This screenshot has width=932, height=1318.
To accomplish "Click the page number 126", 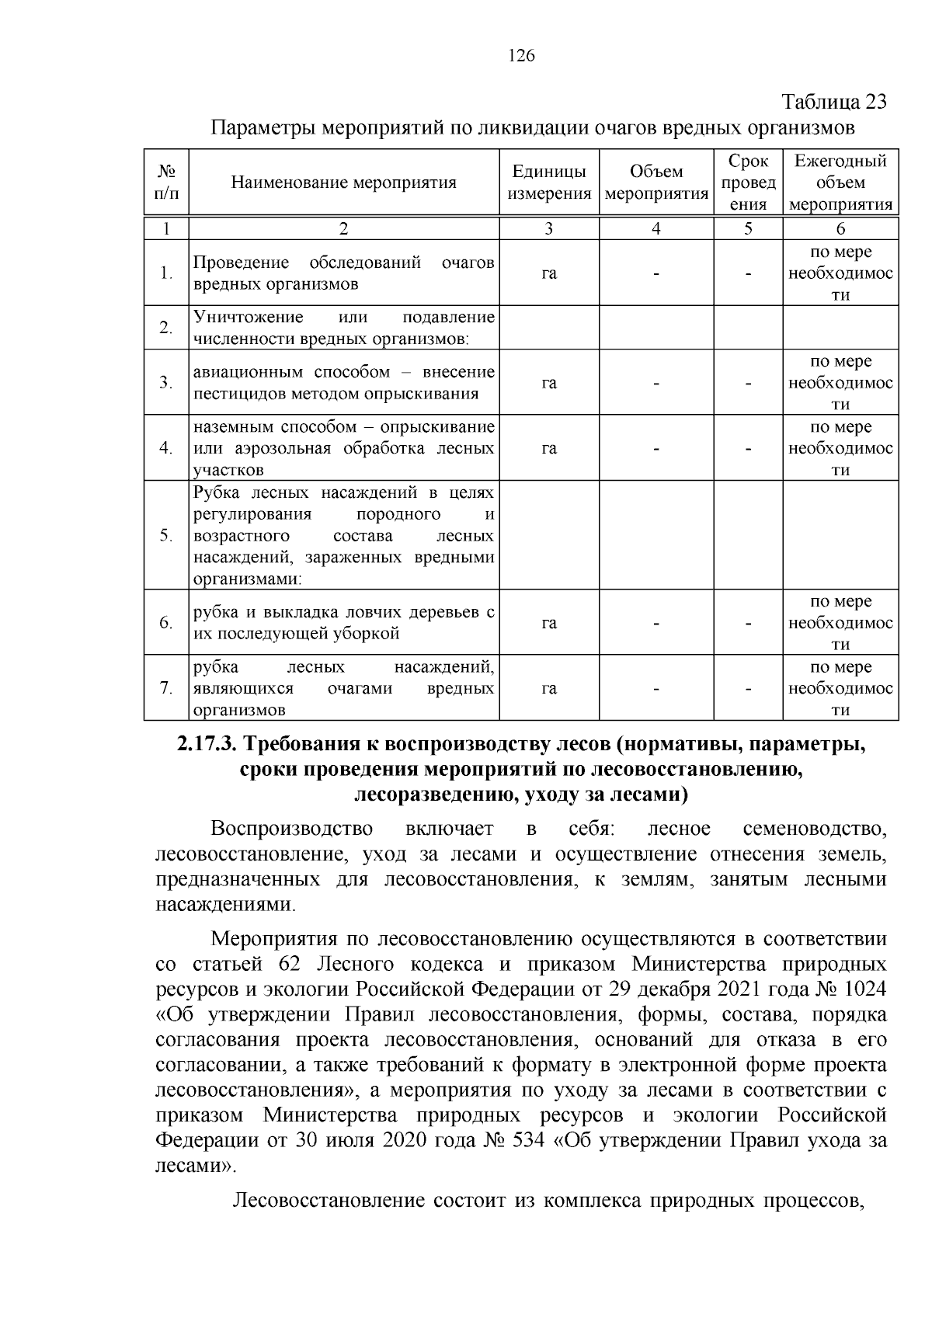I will click(521, 55).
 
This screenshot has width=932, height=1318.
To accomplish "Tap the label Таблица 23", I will click(834, 103).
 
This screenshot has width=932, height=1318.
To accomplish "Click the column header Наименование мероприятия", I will click(343, 183).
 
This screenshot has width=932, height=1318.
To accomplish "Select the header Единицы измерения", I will click(549, 183).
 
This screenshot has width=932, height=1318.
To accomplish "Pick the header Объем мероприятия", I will click(656, 183).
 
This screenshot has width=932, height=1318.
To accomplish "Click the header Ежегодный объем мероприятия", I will click(840, 183).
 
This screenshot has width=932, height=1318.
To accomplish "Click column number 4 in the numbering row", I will click(656, 228).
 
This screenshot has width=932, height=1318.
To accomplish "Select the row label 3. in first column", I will click(166, 383).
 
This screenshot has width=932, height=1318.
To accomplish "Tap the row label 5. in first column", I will click(166, 536).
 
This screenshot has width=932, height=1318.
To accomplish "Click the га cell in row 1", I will click(549, 273).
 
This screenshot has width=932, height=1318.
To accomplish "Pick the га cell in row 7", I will click(549, 689).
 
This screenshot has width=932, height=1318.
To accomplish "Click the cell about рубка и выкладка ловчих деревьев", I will click(343, 623).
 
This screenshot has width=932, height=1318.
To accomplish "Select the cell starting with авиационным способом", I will click(343, 383).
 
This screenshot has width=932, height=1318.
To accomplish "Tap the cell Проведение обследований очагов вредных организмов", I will click(343, 273).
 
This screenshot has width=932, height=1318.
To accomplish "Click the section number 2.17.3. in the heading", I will click(206, 744).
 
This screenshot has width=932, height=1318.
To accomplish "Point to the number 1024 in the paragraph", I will click(862, 989).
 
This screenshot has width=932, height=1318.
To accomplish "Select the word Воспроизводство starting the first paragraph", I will click(291, 829).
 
